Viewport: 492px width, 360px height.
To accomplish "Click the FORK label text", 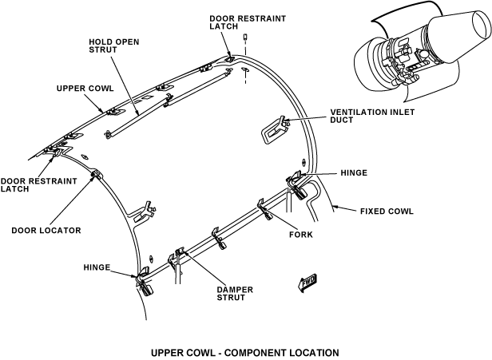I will pyautogui.click(x=301, y=235).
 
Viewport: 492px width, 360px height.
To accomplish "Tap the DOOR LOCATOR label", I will pyautogui.click(x=46, y=230).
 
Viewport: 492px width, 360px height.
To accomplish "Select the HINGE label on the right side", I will pyautogui.click(x=353, y=171).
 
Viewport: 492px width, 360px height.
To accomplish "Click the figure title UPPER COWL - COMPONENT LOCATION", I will pyautogui.click(x=245, y=352).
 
